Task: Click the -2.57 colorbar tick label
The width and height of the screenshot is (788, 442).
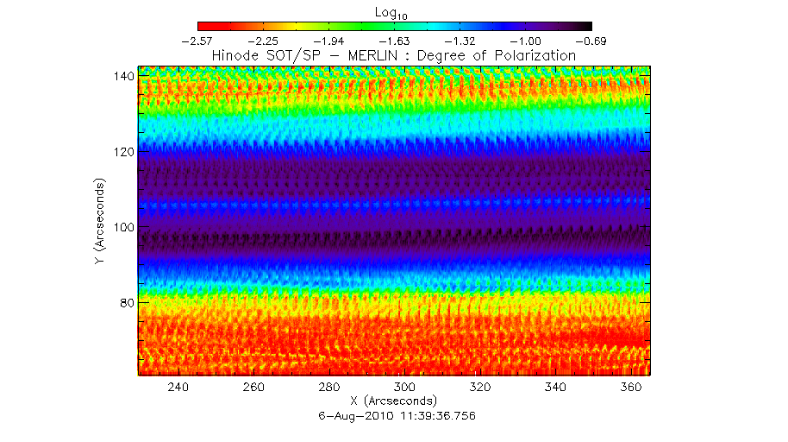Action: coord(197,40)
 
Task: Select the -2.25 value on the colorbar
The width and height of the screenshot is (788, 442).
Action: coord(264,40)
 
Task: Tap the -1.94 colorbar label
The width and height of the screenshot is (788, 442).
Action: coord(328,40)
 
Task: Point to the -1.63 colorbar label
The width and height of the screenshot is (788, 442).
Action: coord(394,40)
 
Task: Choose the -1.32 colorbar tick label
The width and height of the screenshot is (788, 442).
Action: coord(460,40)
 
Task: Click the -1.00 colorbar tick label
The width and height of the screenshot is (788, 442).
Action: coord(525,40)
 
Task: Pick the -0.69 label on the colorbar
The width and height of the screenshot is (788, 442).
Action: coord(591,40)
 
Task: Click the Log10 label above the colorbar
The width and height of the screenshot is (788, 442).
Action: coord(395,11)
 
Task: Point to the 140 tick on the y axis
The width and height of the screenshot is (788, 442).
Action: coord(122,76)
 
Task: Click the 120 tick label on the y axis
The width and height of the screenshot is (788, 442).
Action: coord(122,151)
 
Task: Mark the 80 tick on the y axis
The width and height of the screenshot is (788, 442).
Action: coord(125,302)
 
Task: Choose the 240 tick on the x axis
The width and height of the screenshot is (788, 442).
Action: coord(178,388)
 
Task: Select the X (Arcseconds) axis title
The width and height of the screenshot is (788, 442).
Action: coord(394,401)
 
